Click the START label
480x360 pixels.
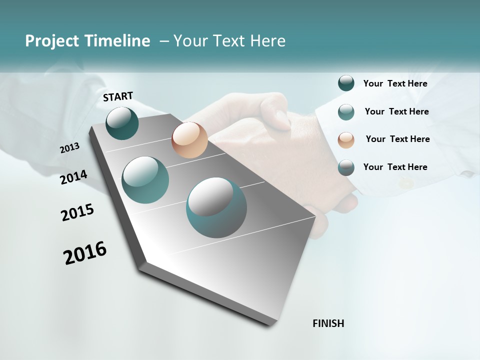point(118,96)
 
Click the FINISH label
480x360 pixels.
point(328,323)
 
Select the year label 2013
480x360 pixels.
point(69,148)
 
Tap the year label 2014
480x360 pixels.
point(73,177)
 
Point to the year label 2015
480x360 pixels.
point(77,212)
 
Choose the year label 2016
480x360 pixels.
point(85,253)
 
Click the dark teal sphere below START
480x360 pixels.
point(122,123)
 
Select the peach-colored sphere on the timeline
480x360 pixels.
point(189,140)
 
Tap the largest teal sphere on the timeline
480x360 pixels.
point(216,207)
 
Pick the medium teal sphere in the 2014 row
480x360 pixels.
point(145,180)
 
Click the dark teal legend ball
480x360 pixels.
point(346,83)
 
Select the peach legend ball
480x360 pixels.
point(346,140)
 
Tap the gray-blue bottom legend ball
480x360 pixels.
point(346,167)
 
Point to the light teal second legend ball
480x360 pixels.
point(346,112)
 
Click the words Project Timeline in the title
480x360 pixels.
point(87,41)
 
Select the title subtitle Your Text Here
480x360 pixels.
point(229,41)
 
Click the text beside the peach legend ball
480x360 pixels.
point(397,139)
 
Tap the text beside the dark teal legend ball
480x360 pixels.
point(395,83)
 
